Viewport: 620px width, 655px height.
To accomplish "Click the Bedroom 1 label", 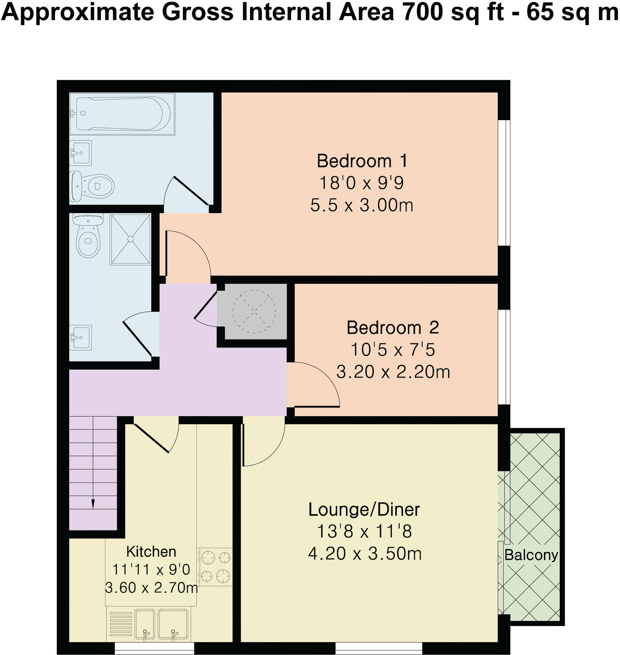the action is click(x=362, y=161).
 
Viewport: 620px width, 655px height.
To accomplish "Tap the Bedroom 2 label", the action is click(x=393, y=327).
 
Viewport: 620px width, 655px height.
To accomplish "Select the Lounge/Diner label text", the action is click(x=364, y=509).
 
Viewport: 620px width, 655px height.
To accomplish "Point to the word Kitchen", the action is click(x=151, y=552).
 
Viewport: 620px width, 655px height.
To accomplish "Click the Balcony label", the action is click(x=531, y=555).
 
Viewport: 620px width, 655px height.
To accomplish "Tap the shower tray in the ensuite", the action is click(x=130, y=239).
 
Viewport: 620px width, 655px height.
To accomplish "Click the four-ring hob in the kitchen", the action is click(x=215, y=567).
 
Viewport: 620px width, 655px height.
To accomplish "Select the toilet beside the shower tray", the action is click(x=88, y=235).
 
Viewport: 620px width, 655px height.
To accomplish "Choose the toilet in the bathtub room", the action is click(x=92, y=186).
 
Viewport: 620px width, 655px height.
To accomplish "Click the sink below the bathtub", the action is click(x=81, y=153).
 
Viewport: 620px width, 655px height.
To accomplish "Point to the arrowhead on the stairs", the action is click(x=93, y=504).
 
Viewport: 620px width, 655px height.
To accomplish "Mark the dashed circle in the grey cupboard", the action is click(x=254, y=311).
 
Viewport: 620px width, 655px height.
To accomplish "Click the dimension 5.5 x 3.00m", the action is click(x=362, y=206).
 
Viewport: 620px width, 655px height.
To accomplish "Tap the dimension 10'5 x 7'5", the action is click(x=393, y=349).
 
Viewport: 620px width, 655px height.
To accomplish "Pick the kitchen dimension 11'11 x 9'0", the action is click(x=151, y=569).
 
